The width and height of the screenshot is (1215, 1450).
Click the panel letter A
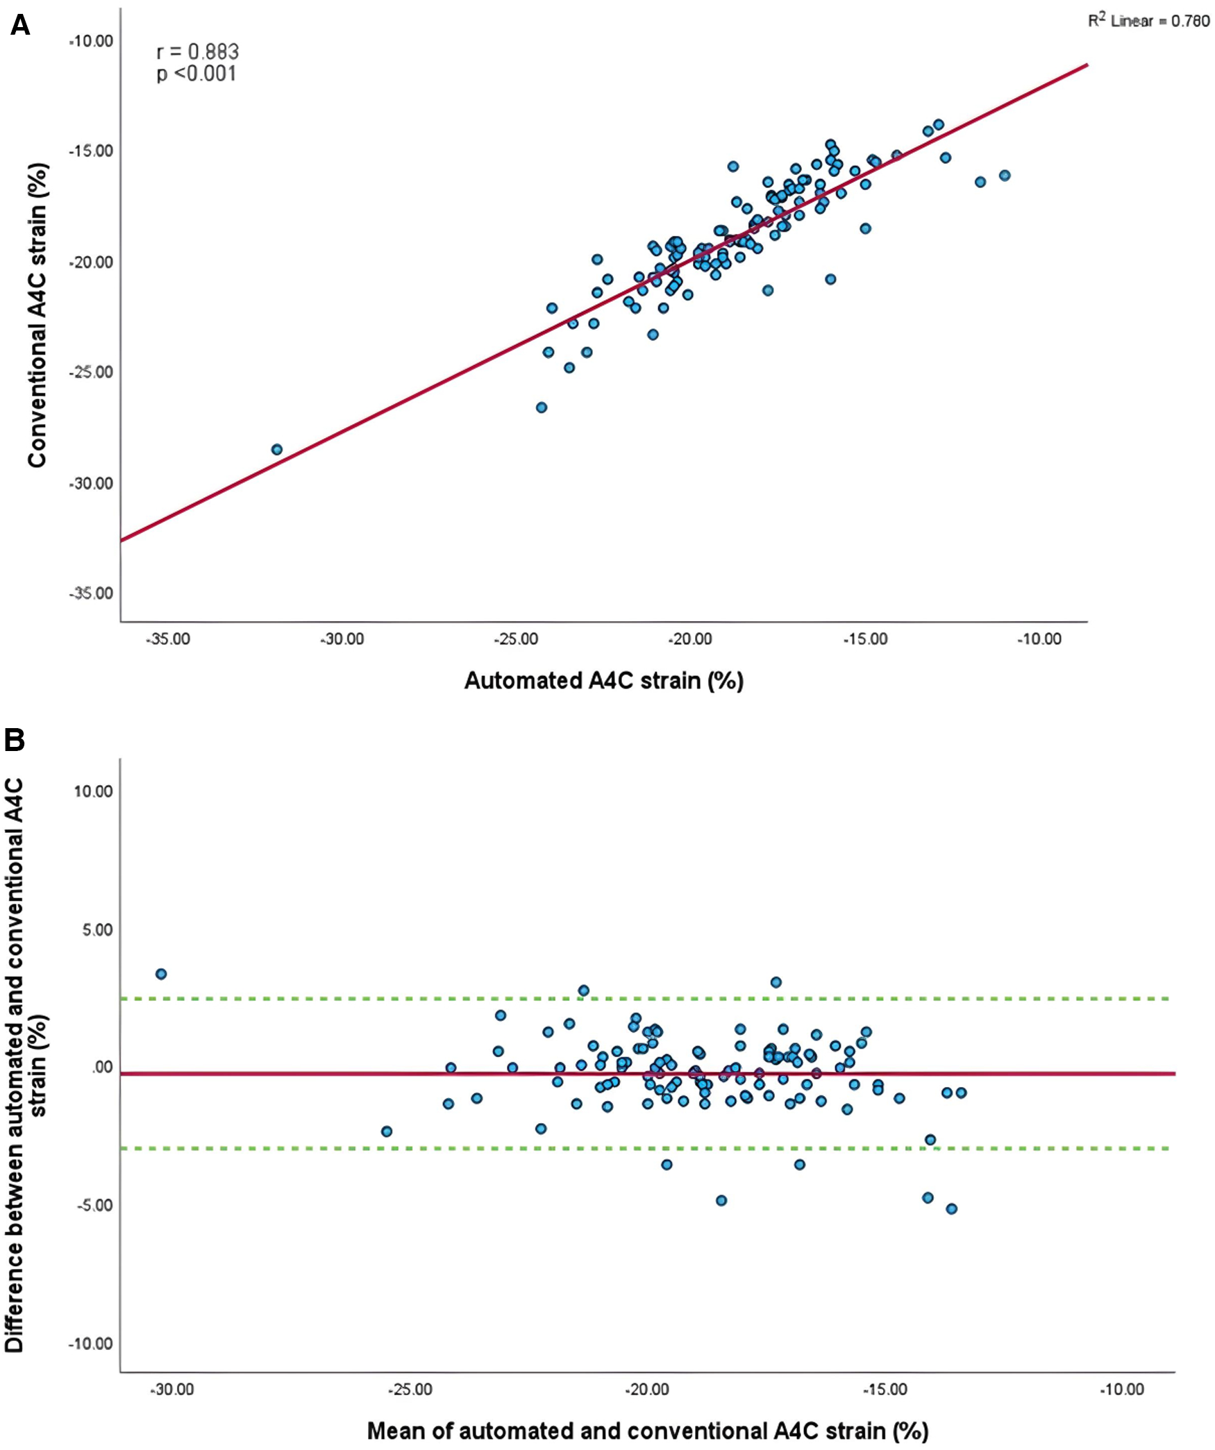pos(19,26)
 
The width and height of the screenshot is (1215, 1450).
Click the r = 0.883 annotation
pos(197,51)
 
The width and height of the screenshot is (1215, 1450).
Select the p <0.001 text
pos(196,74)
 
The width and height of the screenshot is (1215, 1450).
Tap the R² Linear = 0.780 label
pos(1148,21)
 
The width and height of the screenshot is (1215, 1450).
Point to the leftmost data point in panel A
pos(276,449)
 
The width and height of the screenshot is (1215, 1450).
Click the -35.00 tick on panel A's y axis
pos(91,593)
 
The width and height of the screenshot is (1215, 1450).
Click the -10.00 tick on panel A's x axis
pos(1039,639)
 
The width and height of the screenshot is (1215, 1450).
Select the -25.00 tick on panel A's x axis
pos(516,639)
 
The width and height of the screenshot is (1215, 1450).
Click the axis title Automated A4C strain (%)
pos(603,680)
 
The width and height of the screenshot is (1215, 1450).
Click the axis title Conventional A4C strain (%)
pos(37,316)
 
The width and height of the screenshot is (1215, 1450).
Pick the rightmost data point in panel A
pos(1004,176)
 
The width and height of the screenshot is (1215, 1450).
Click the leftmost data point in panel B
pos(161,974)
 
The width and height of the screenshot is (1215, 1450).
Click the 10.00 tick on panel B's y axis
pos(93,791)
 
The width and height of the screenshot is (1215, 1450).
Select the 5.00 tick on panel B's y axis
pos(97,929)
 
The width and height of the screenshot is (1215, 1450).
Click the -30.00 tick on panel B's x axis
pos(172,1389)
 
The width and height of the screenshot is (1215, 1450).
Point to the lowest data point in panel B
pos(951,1208)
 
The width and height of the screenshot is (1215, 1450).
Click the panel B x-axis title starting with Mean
pos(647,1431)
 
